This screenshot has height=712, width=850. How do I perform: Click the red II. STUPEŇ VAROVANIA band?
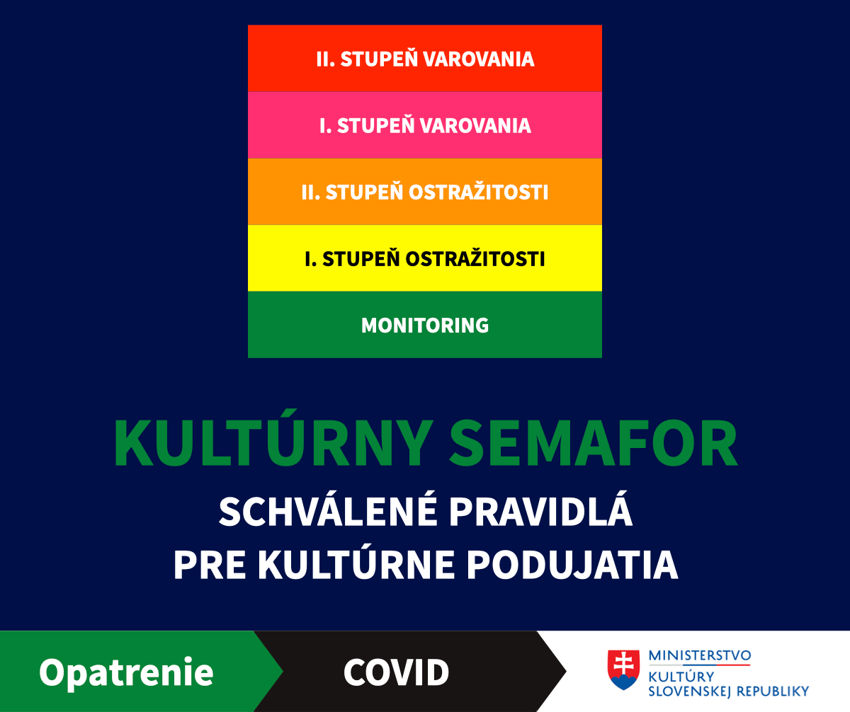(x=425, y=59)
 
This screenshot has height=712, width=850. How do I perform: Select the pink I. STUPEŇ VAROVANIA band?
(x=425, y=125)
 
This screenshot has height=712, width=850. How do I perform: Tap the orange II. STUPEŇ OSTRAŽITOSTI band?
(x=425, y=192)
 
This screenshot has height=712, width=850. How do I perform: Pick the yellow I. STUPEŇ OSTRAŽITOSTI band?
(x=425, y=258)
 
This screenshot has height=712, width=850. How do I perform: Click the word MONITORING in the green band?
(x=425, y=326)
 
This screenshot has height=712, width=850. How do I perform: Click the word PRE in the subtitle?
(x=210, y=565)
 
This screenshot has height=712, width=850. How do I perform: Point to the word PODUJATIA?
(x=572, y=565)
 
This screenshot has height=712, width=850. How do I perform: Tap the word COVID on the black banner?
(x=396, y=672)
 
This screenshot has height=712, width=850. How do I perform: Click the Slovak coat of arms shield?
(x=623, y=670)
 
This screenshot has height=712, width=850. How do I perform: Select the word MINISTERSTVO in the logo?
(x=700, y=655)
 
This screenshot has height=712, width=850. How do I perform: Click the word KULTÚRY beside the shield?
(x=681, y=675)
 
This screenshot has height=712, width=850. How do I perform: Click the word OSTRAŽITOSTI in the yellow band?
(x=475, y=258)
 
